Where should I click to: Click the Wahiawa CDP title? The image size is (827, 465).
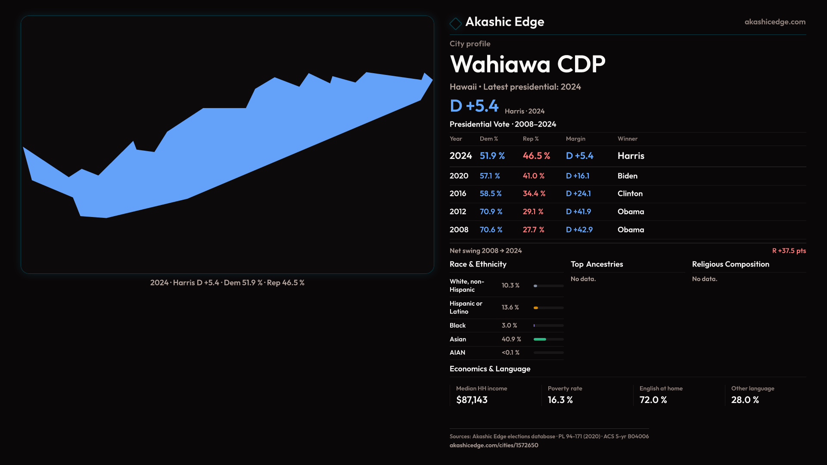(x=527, y=65)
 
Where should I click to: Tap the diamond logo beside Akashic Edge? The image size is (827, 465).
(x=455, y=23)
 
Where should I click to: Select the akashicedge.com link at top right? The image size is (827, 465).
(x=774, y=22)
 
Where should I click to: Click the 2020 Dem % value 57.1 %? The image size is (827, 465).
(x=490, y=176)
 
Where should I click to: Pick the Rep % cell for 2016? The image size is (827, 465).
(x=534, y=194)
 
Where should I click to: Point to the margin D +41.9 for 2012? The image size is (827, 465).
(x=578, y=212)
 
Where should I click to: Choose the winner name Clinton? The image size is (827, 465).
(x=630, y=194)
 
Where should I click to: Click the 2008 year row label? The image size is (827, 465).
(x=459, y=230)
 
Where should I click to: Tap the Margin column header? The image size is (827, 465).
(x=575, y=139)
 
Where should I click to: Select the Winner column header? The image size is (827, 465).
(x=627, y=139)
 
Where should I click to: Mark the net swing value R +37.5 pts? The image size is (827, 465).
(x=789, y=251)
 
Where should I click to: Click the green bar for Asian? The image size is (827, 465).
(x=540, y=339)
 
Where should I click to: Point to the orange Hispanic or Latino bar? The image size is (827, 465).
(x=536, y=308)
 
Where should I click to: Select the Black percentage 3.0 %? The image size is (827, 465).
(x=509, y=325)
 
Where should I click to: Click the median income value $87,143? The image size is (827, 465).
(x=472, y=400)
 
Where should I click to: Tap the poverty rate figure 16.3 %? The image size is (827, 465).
(x=560, y=400)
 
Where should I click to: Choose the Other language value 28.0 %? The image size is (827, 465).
(x=745, y=400)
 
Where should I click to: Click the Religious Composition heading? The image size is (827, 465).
(x=730, y=264)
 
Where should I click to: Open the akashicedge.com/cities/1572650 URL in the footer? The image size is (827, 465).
(x=494, y=445)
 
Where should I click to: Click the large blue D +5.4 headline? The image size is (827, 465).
(x=474, y=106)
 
